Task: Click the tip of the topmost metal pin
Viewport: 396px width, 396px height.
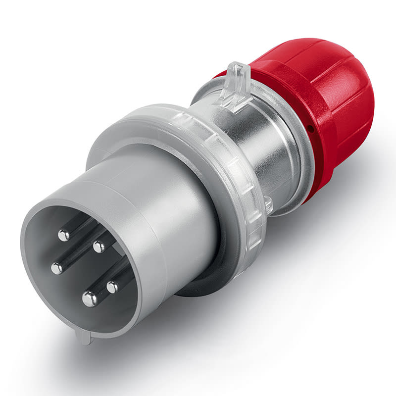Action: click(x=63, y=235)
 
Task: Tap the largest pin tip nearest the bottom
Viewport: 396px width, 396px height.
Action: click(x=89, y=298)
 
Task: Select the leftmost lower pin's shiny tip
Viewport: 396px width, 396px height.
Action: click(x=57, y=268)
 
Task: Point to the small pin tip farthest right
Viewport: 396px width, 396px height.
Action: click(x=113, y=287)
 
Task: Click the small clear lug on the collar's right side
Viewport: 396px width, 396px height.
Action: click(x=268, y=204)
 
